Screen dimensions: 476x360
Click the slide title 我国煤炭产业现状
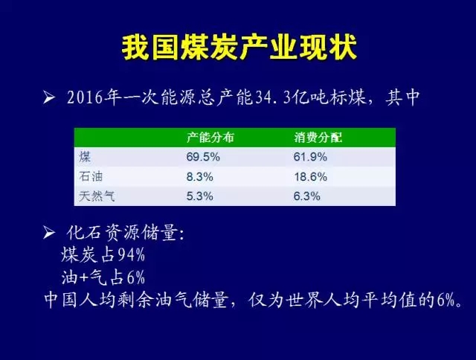(x=239, y=48)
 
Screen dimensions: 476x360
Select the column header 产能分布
(x=210, y=138)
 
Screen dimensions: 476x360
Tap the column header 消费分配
(x=318, y=138)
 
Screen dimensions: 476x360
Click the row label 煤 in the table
(x=85, y=157)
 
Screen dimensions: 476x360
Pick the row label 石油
(x=91, y=177)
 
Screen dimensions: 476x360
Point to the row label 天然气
(x=97, y=196)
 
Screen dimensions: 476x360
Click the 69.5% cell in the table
(x=203, y=157)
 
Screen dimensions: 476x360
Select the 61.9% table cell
(x=310, y=157)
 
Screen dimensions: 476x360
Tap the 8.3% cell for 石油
(x=200, y=177)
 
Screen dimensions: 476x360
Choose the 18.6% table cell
(x=310, y=177)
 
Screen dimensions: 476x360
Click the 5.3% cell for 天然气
(x=200, y=196)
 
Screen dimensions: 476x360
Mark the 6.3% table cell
(x=306, y=196)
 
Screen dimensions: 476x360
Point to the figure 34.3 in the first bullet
(x=273, y=97)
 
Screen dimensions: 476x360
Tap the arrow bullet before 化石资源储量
(x=49, y=233)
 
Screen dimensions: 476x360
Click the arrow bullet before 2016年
(x=49, y=97)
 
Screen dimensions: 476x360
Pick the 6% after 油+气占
(x=135, y=277)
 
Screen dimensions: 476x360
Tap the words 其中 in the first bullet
(x=402, y=97)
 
